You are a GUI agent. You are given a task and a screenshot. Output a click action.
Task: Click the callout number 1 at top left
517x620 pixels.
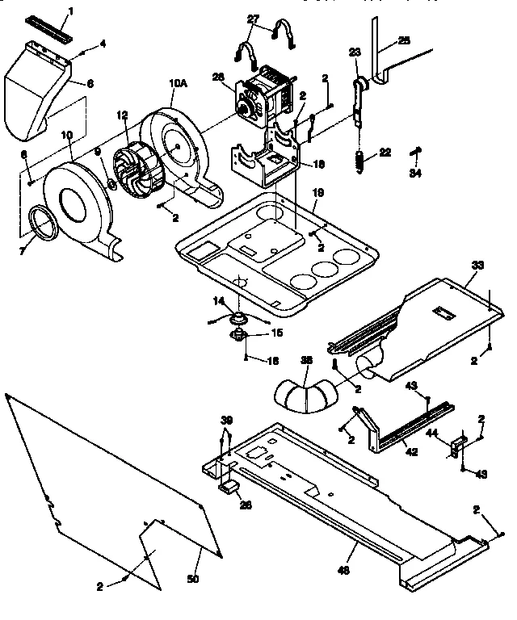pyautogui.click(x=70, y=11)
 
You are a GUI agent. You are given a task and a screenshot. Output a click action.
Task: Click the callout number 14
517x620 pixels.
pyautogui.click(x=217, y=300)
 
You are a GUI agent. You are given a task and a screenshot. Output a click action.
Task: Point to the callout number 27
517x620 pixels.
pyautogui.click(x=254, y=17)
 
